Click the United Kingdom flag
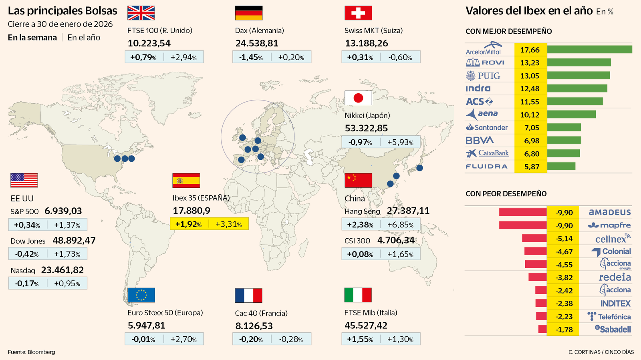[x=141, y=13]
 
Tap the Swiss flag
[x=358, y=13]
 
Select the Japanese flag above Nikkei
[x=358, y=98]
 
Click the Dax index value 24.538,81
[x=256, y=43]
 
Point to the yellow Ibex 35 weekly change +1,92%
[x=188, y=224]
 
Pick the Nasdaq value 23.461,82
[x=62, y=270]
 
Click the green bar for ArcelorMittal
[x=589, y=50]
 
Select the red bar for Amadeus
[x=523, y=212]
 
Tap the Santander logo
[x=486, y=127]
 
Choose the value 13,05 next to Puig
[x=530, y=76]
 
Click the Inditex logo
[x=615, y=304]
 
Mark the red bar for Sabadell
[x=542, y=329]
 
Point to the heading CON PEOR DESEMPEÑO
[x=506, y=194]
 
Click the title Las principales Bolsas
[x=62, y=11]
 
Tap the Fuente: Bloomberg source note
[x=32, y=352]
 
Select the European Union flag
[x=141, y=295]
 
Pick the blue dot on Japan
[x=419, y=168]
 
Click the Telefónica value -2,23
[x=564, y=316]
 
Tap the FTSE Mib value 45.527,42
[x=366, y=326]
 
